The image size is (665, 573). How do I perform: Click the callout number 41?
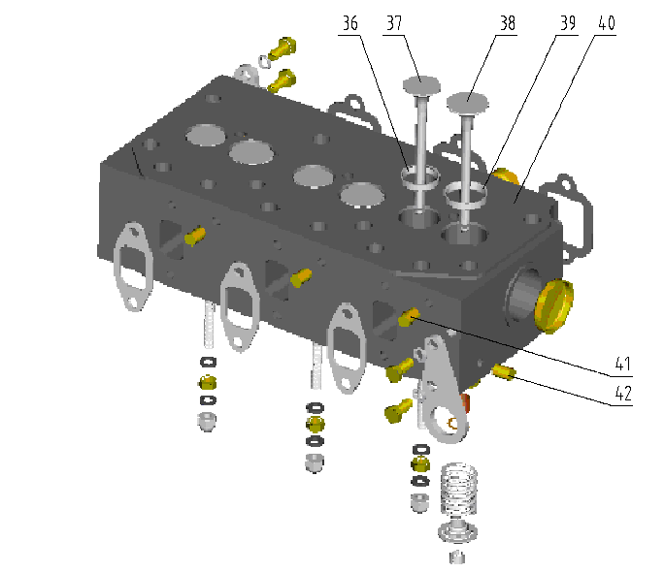622,366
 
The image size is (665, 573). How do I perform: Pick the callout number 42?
622,394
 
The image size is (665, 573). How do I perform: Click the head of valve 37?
423,85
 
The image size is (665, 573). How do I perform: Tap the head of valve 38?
470,99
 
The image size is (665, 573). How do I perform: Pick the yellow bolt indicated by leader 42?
503,371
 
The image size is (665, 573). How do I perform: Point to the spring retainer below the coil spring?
455,531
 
